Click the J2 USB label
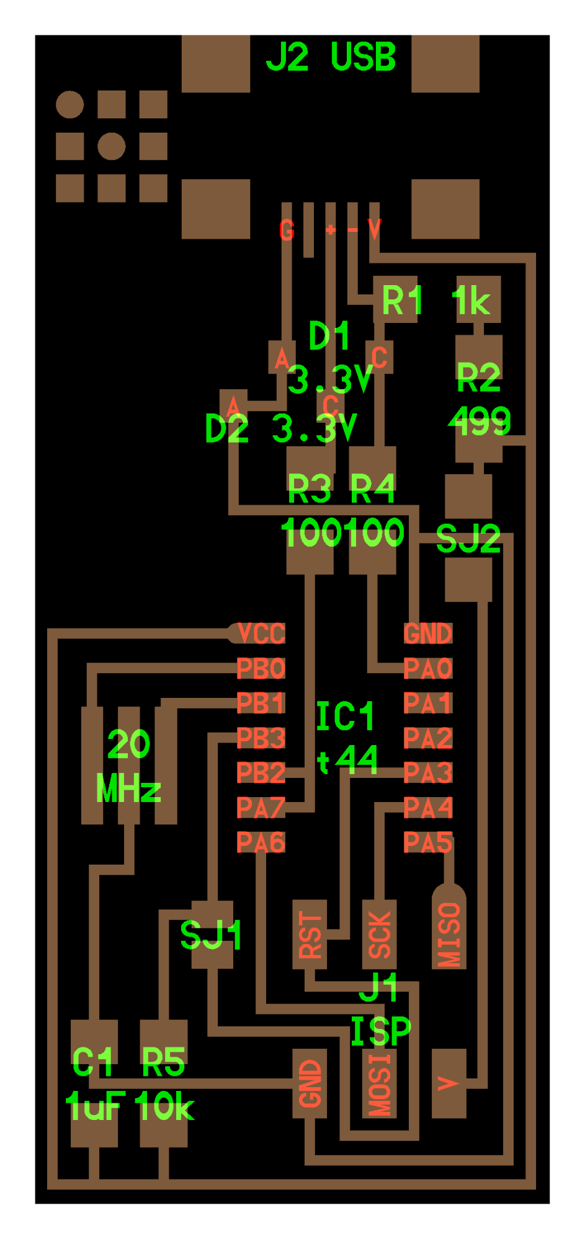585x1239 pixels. click(x=331, y=58)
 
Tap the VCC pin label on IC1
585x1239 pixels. click(x=261, y=634)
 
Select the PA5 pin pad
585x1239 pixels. click(x=428, y=843)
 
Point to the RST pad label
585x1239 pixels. click(x=310, y=935)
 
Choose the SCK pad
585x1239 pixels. click(x=380, y=935)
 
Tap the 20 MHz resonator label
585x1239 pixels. click(x=128, y=767)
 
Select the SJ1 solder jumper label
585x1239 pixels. click(x=211, y=935)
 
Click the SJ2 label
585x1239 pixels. click(x=468, y=539)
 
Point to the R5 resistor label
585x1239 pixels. click(x=164, y=1062)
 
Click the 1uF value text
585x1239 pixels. click(x=95, y=1106)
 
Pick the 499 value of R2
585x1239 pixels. click(x=480, y=421)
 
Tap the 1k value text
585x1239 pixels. click(x=471, y=302)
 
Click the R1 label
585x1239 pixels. click(x=402, y=301)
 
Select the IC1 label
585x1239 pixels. click(x=345, y=717)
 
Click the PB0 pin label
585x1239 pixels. click(x=261, y=669)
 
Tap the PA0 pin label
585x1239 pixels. click(x=428, y=669)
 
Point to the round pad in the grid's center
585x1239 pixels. click(x=112, y=146)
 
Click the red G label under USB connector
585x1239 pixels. click(x=287, y=231)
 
